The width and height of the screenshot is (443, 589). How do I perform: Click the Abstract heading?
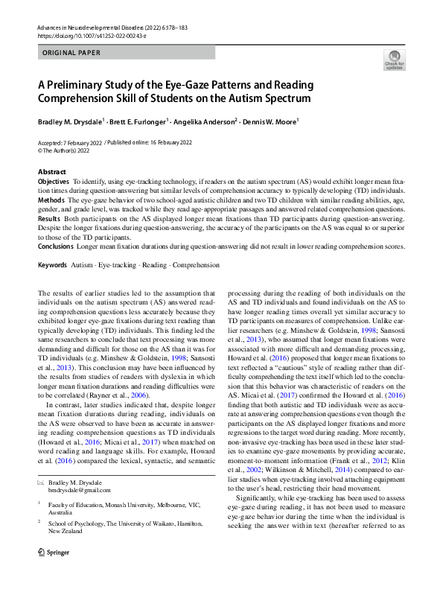click(x=51, y=172)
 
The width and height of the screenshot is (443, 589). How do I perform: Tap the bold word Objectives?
click(x=53, y=181)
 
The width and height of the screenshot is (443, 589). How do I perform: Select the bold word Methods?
click(x=50, y=201)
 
